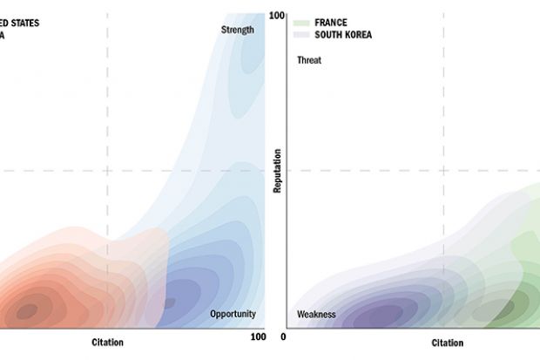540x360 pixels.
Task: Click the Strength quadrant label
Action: pyautogui.click(x=238, y=30)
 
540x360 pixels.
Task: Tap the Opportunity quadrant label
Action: pyautogui.click(x=233, y=314)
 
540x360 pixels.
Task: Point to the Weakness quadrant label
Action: pyautogui.click(x=316, y=314)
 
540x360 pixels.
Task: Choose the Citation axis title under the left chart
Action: pyautogui.click(x=108, y=342)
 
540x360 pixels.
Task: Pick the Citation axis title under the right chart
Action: pyautogui.click(x=448, y=343)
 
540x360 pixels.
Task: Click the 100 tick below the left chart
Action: pyautogui.click(x=258, y=336)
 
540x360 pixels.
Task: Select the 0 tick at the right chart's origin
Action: pyautogui.click(x=283, y=336)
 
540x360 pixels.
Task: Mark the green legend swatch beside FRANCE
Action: pyautogui.click(x=301, y=21)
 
